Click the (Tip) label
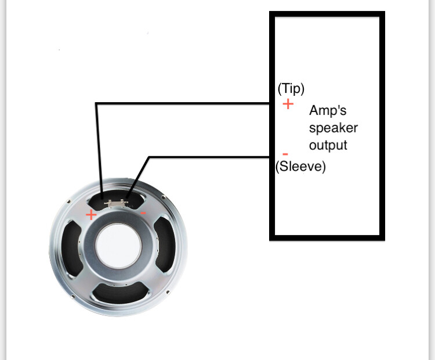(x=291, y=88)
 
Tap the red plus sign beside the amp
(x=288, y=105)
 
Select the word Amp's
(x=328, y=110)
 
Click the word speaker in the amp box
(x=333, y=128)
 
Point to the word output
(x=328, y=145)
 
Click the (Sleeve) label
(x=301, y=167)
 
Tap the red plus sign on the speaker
(x=91, y=215)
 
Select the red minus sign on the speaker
(x=143, y=213)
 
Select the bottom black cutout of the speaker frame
(x=119, y=293)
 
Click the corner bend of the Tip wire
(x=96, y=105)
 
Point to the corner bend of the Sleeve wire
(x=150, y=157)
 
